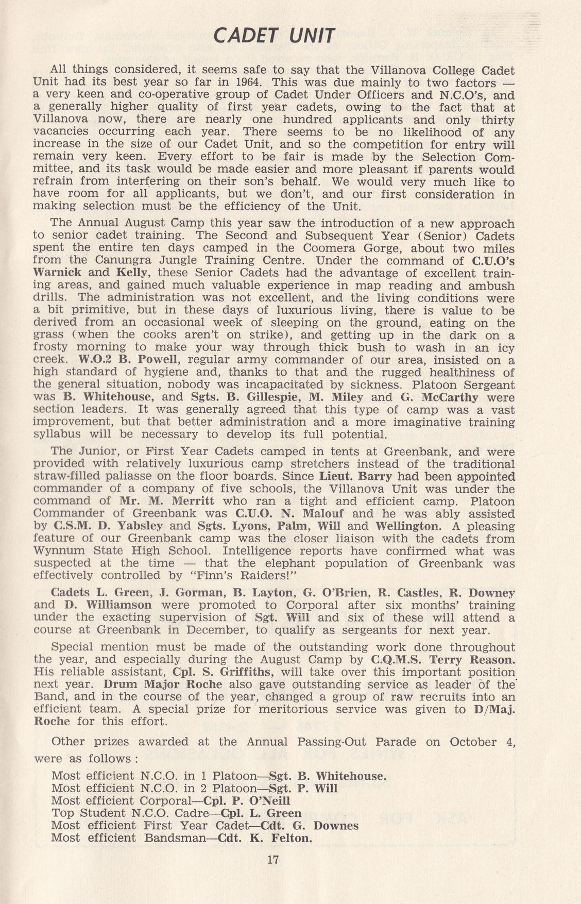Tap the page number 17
pyautogui.click(x=274, y=860)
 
